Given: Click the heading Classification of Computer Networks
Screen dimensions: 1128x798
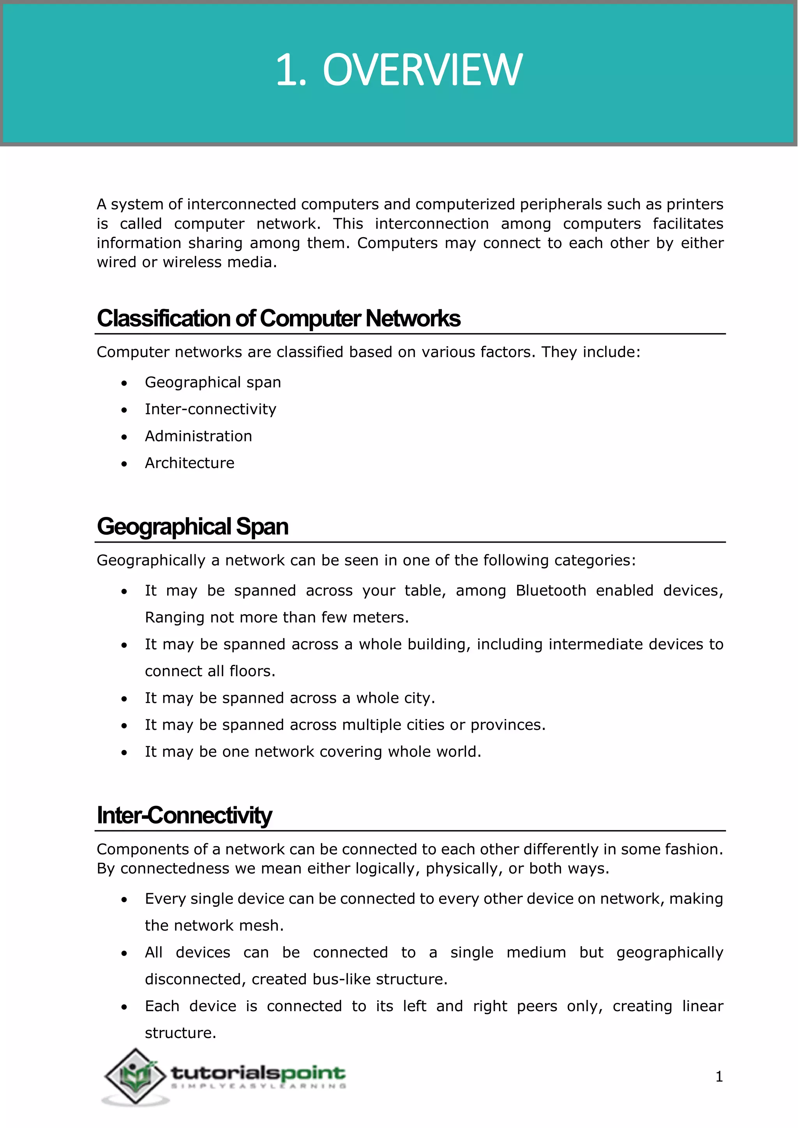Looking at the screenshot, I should (x=278, y=318).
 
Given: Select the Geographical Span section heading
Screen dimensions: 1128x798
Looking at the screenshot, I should (x=192, y=527).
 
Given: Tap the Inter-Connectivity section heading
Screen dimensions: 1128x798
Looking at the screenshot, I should (x=184, y=816).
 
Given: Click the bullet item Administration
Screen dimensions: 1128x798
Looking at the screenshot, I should (x=198, y=436).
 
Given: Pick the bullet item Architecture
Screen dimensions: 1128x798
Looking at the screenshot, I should (x=189, y=463).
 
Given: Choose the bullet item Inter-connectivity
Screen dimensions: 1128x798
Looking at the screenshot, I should (x=210, y=409).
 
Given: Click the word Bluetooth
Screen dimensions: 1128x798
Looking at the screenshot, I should (x=551, y=590).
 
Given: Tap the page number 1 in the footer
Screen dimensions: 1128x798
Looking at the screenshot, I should (x=719, y=1077).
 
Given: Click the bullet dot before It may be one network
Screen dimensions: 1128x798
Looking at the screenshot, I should (x=124, y=753).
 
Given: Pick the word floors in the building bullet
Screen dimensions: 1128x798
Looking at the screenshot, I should (x=250, y=671).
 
